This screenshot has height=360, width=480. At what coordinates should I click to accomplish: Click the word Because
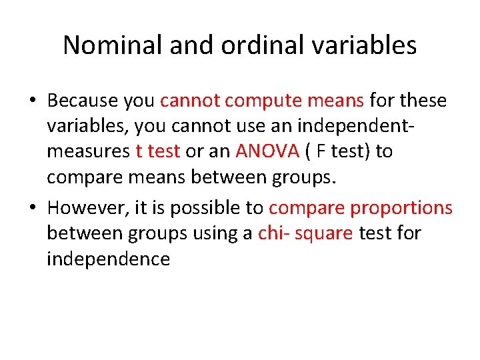[83, 101]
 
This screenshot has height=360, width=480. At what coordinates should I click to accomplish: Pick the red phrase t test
[157, 152]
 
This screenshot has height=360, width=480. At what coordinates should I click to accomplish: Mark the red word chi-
[271, 233]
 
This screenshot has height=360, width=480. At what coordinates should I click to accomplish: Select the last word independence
[108, 259]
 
